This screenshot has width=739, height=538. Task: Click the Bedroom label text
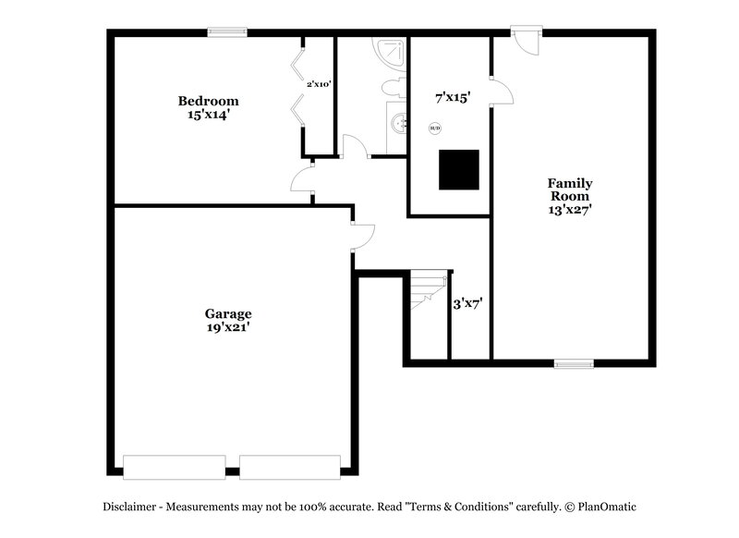[208, 101]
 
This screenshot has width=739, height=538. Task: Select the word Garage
[228, 313]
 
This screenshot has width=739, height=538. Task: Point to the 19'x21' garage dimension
[228, 327]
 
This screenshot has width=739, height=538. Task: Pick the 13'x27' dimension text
[570, 209]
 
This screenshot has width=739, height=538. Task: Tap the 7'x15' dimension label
[454, 95]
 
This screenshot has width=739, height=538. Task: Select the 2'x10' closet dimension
[319, 84]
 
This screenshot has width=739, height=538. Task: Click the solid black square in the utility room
[458, 169]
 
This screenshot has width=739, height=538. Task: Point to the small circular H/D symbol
[434, 128]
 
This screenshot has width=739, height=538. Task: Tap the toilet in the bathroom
[392, 88]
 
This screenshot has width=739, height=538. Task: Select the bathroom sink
[397, 123]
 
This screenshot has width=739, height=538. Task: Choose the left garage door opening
[174, 467]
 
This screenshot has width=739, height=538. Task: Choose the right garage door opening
[290, 467]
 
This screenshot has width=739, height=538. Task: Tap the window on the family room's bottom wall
[573, 363]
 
